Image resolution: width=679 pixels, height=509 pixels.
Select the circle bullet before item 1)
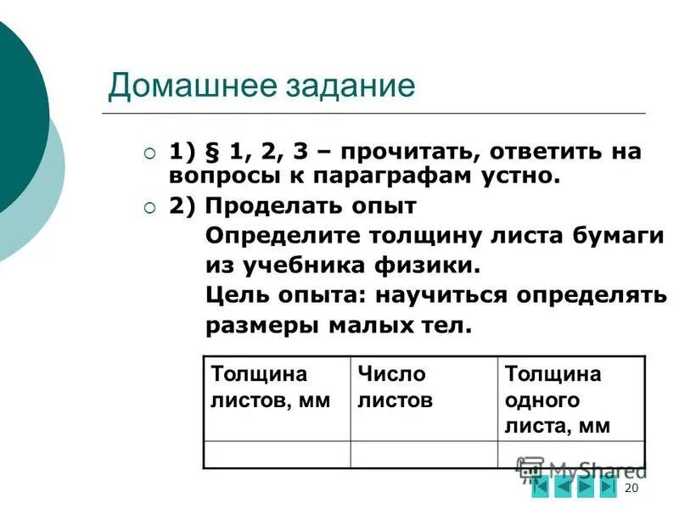[x=149, y=154]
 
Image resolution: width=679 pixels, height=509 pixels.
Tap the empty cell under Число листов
[x=424, y=455]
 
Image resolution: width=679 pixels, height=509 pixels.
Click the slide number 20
[x=630, y=489]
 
